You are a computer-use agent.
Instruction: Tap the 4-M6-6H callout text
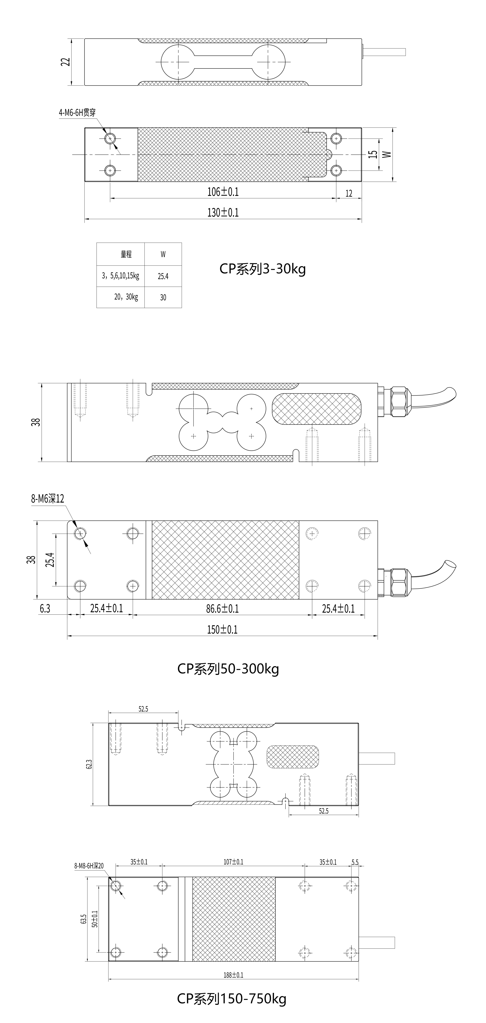(77, 112)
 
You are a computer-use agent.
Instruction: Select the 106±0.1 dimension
(223, 192)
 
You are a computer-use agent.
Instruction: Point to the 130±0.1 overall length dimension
(223, 212)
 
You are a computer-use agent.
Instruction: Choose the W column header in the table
(163, 254)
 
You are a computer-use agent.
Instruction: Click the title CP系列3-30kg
(262, 269)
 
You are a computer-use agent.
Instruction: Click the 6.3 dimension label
(45, 608)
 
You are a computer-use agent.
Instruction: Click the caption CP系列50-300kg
(228, 669)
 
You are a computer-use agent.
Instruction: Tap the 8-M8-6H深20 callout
(89, 866)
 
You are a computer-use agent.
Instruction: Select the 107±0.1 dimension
(233, 862)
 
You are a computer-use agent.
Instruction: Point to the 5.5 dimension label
(355, 862)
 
